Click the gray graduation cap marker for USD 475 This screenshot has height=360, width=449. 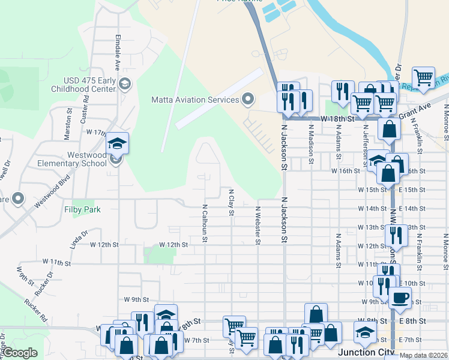(125, 84)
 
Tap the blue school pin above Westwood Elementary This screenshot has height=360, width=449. (117, 143)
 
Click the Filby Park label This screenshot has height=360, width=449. (82, 209)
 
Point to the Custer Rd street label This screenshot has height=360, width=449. (86, 106)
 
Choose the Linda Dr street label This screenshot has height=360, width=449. (79, 236)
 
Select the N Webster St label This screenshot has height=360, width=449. (258, 226)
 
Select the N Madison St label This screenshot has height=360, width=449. (311, 143)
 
